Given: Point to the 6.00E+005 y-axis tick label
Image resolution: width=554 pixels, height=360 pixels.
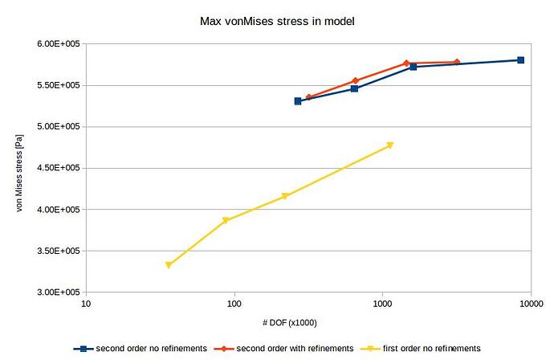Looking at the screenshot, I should [54, 43].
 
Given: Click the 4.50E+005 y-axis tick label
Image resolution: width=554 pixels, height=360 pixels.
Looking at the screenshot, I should [54, 168].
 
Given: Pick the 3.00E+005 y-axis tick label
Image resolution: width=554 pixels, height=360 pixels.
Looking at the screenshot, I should [54, 292].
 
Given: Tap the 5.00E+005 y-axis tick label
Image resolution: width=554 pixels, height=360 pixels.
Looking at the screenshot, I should [54, 126].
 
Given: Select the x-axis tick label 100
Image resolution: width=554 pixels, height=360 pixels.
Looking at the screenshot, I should [234, 304].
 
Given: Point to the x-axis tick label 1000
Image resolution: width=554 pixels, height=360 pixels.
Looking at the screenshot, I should [382, 304].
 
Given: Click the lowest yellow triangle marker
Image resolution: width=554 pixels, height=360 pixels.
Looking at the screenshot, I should [169, 265].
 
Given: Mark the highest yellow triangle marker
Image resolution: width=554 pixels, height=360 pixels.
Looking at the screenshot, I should [390, 145].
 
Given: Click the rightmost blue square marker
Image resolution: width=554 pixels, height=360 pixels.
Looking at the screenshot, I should [520, 60].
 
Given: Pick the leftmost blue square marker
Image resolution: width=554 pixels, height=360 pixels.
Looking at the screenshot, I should [298, 101].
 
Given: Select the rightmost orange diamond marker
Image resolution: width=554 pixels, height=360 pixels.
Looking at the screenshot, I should [457, 62].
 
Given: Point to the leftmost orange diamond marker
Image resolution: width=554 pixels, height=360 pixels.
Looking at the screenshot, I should [308, 97].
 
